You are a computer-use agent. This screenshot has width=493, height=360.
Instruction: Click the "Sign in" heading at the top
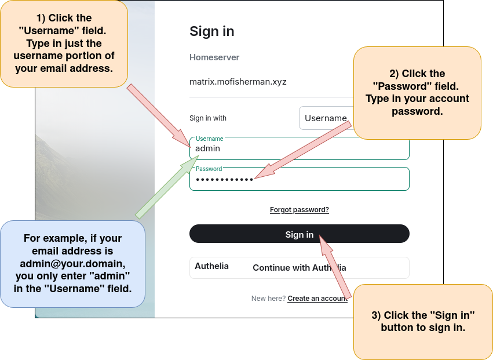tap(212, 31)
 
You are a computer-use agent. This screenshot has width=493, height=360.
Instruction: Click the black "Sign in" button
tap(299, 234)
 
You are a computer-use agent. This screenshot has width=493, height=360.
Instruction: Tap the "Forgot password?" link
tap(299, 210)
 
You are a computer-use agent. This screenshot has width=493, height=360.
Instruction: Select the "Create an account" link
tap(317, 299)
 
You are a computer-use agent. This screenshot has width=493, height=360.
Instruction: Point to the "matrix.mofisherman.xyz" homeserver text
tap(238, 82)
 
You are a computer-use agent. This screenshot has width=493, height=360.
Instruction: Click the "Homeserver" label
tap(214, 57)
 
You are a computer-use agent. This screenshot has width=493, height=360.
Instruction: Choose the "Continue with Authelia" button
tap(299, 268)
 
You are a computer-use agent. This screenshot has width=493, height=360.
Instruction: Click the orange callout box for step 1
tap(64, 43)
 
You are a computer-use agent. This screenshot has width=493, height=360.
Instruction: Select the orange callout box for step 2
tap(417, 93)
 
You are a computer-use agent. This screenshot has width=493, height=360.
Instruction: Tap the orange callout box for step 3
tap(423, 322)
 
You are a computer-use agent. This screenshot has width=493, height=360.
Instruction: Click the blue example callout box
tap(72, 264)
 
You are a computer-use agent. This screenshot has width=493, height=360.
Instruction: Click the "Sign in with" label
tap(208, 118)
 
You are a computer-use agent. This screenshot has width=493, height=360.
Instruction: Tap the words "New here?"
tap(268, 299)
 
